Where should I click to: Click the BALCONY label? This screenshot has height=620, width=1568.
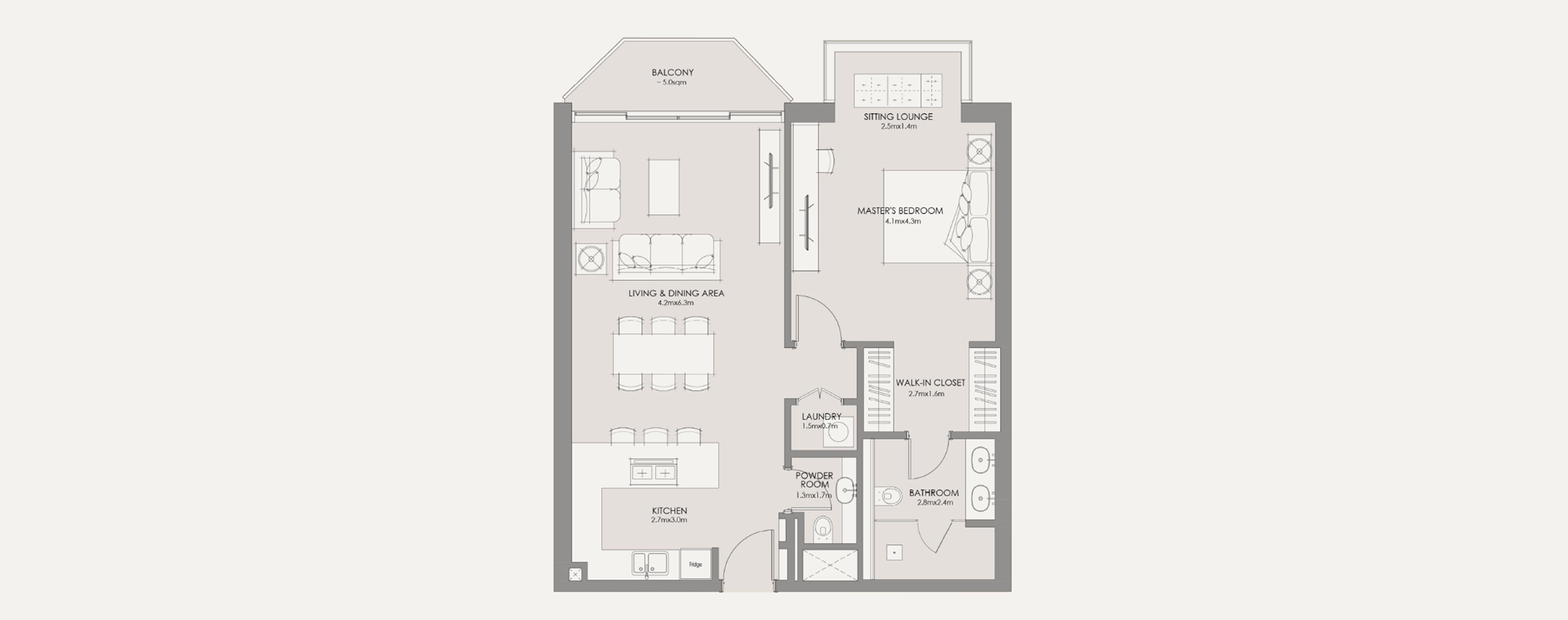tap(672, 72)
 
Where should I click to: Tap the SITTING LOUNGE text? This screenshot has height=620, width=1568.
tap(898, 117)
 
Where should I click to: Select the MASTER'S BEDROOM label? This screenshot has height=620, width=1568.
tap(900, 211)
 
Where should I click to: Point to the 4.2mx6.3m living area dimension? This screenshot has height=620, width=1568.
tap(675, 303)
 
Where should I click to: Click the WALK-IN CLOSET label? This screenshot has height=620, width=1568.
tap(930, 383)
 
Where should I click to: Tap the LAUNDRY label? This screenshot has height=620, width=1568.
tap(821, 416)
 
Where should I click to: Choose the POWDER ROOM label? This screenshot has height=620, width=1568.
tap(814, 480)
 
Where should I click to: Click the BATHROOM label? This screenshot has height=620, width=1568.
tap(934, 493)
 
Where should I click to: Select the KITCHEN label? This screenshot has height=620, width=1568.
tap(669, 511)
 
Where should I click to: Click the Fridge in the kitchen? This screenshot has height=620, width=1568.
tap(696, 564)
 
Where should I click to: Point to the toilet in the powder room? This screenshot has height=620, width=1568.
tap(823, 529)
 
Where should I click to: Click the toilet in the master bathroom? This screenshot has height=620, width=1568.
tap(890, 496)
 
